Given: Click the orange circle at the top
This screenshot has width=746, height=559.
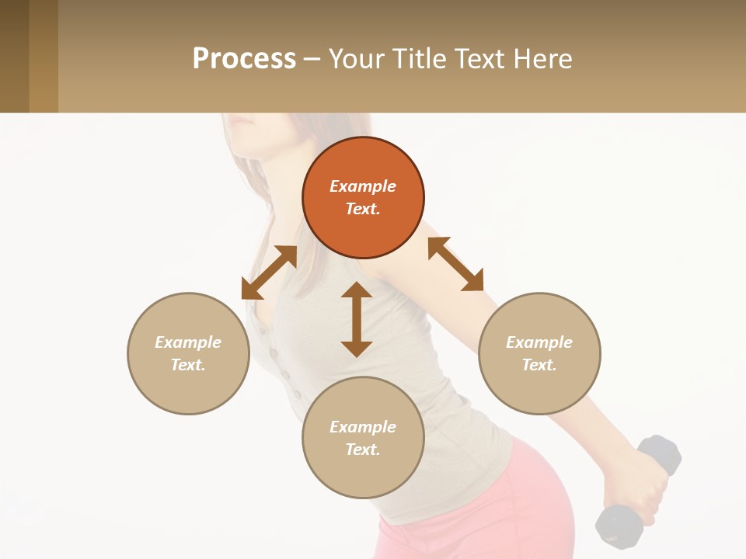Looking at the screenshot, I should [x=363, y=197].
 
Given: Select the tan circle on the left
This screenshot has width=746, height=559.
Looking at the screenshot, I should [x=188, y=353].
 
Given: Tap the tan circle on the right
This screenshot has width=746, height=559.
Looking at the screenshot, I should [x=539, y=353].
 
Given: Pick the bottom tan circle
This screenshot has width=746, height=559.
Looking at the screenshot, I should [x=363, y=438].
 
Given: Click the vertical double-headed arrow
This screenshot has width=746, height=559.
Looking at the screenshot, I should [x=357, y=319].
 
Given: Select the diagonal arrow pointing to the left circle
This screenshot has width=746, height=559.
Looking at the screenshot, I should [x=269, y=273].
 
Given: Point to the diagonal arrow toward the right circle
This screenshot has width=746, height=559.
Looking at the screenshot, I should [x=455, y=264].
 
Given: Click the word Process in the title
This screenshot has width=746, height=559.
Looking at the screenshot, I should [x=244, y=58].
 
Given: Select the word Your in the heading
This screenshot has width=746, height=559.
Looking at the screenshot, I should [x=357, y=58].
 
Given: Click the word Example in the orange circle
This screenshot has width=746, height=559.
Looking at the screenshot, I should [x=363, y=186].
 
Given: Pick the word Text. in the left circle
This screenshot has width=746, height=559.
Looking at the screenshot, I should [x=188, y=365].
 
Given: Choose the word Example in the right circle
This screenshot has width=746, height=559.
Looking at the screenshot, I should [x=539, y=342].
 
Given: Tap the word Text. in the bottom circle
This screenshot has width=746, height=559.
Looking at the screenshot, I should [x=363, y=450].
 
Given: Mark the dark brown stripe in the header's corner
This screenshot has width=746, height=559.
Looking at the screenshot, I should [x=14, y=56].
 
